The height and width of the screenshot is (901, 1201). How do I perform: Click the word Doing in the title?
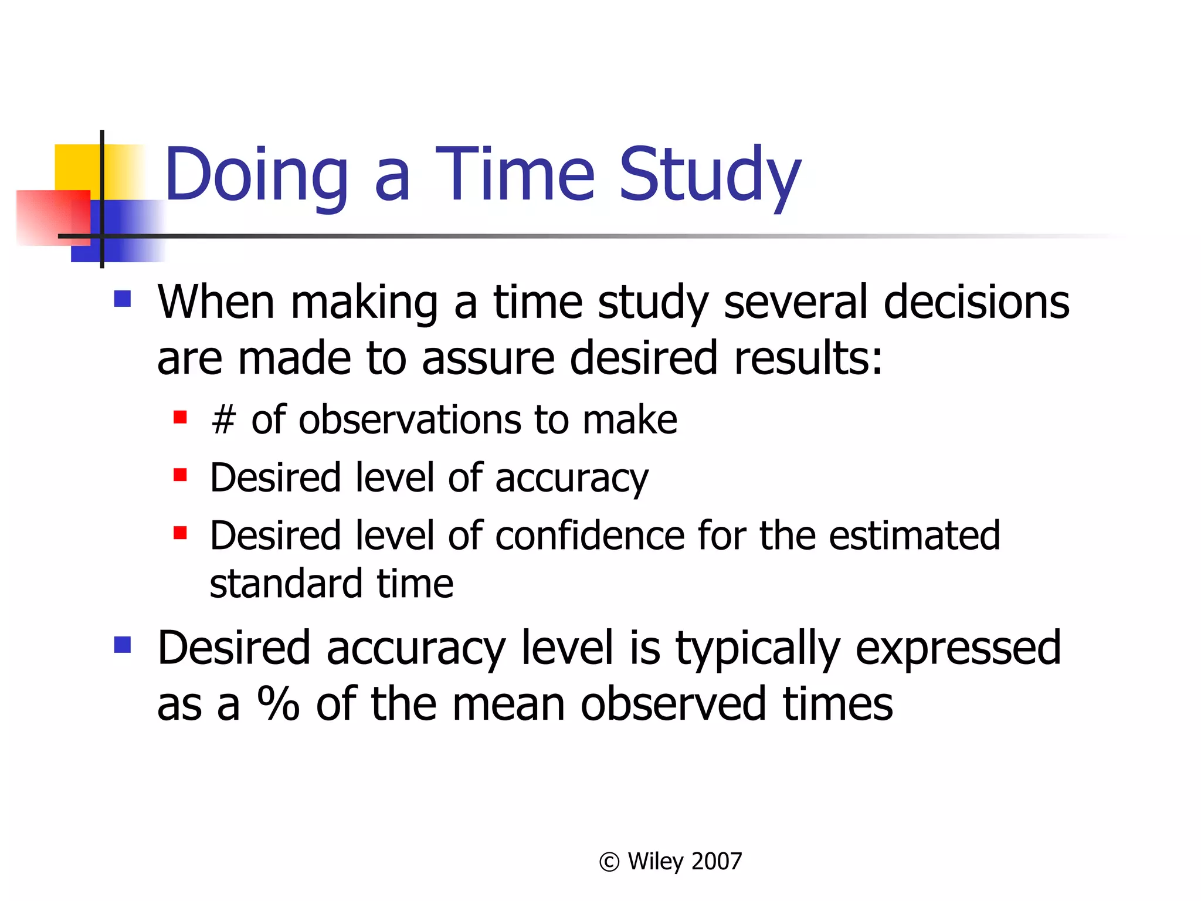256,175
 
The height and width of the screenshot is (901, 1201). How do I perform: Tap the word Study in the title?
710,175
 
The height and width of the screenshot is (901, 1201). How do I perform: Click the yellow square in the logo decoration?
76,167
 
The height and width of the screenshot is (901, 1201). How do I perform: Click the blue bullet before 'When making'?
122,299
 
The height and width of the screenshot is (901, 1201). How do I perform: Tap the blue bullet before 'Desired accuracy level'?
122,645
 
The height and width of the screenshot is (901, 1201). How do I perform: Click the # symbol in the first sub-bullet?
223,421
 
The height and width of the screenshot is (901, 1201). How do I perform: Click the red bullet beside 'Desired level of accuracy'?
180,475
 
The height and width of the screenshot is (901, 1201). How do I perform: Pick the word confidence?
589,536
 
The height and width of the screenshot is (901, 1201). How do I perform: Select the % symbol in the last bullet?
278,704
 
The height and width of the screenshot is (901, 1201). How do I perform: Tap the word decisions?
976,302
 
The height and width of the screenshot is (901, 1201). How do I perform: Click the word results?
808,358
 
